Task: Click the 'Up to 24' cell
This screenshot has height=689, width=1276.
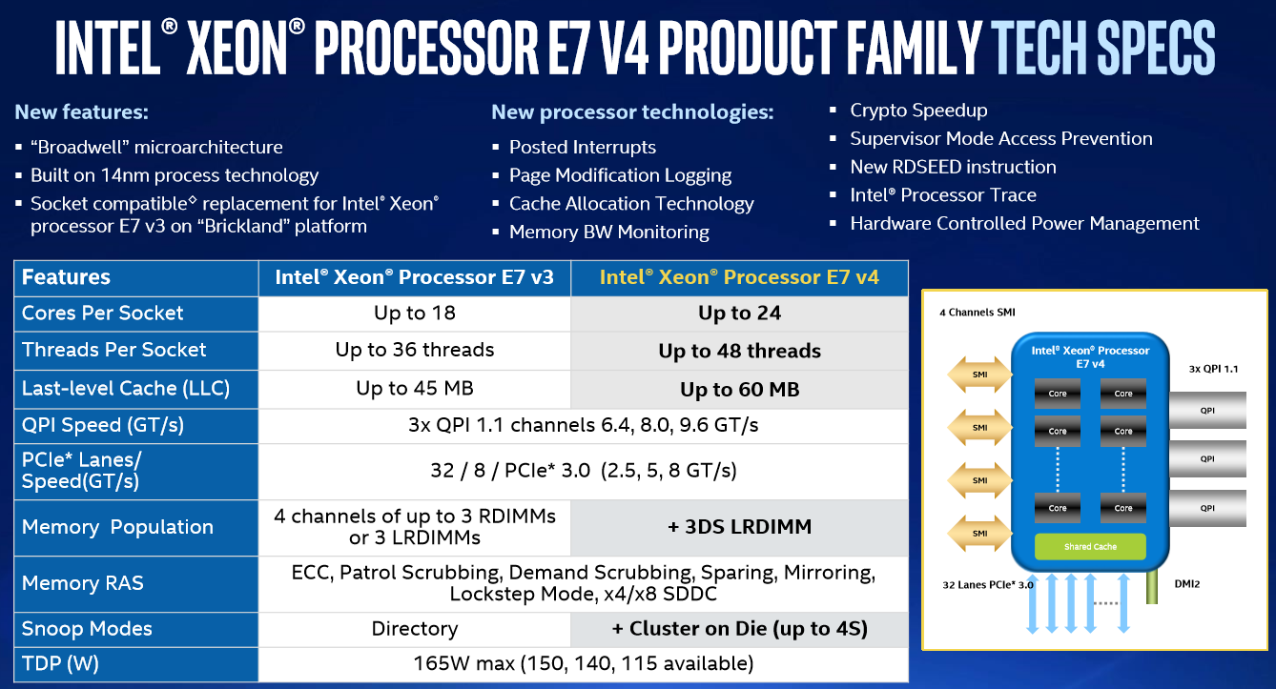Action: (x=739, y=314)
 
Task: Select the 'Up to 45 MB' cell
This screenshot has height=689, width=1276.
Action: (x=415, y=389)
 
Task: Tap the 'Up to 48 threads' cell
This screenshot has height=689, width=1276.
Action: (x=739, y=351)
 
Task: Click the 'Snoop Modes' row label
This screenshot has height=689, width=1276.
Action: (x=87, y=629)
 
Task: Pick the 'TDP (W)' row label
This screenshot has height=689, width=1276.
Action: (x=60, y=664)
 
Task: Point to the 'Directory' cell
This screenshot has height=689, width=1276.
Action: (x=415, y=629)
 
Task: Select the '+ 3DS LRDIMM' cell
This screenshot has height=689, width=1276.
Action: (x=739, y=527)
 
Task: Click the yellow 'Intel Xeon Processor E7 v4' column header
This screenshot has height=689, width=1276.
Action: (x=739, y=277)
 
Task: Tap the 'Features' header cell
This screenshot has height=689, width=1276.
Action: (x=66, y=277)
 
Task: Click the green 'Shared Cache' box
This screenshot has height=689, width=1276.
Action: (x=1090, y=547)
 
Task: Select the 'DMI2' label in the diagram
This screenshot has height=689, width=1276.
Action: (x=1187, y=583)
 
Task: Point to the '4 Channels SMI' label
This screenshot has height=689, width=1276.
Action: (x=977, y=313)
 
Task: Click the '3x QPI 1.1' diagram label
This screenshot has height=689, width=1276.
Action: (x=1213, y=369)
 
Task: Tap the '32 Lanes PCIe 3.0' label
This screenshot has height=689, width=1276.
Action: (x=988, y=585)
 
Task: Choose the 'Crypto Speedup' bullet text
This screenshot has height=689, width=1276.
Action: (x=918, y=111)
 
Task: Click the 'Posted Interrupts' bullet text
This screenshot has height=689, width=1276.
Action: (x=582, y=148)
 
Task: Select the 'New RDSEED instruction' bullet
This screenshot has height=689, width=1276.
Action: (x=953, y=167)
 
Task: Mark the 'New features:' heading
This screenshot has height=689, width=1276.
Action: (x=81, y=112)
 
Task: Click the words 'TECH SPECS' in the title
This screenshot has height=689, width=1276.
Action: (x=1102, y=48)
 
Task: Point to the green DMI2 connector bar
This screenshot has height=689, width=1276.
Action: (x=1151, y=587)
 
